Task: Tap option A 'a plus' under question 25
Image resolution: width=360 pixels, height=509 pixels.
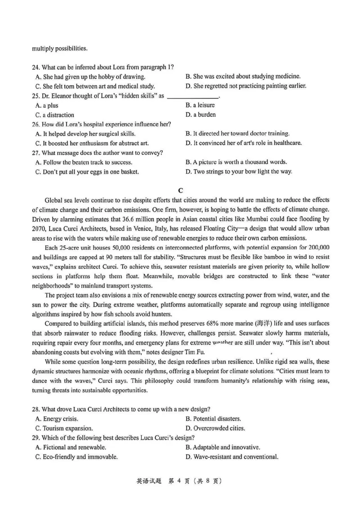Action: coord(46,106)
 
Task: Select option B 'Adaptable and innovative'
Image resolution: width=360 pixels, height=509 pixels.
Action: coord(222,447)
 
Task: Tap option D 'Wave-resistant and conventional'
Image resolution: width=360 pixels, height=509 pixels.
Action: coord(231,457)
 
